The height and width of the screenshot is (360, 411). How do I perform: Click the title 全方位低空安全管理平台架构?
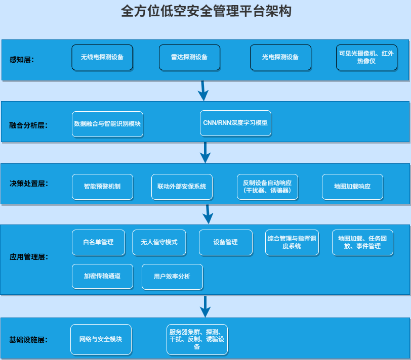coord(206,11)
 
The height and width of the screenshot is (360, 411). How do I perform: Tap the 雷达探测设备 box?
coord(189,57)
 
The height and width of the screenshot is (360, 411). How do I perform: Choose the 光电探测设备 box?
coord(280,57)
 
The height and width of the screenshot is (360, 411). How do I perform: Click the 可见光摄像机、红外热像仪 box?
coord(366,57)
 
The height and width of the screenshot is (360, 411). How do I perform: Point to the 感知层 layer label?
coord(21,60)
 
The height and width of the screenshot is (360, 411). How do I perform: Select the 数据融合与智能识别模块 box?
coord(107,124)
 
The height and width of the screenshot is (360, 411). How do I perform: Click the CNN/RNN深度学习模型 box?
coord(235,123)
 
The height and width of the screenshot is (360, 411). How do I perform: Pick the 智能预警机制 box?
coord(102,187)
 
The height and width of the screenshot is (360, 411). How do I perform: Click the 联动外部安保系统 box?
coord(182,187)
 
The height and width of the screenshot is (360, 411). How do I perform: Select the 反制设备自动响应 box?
coord(267,187)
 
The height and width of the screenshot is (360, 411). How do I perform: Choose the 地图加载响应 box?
coord(352,187)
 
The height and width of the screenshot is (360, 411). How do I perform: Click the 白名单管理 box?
coord(98,242)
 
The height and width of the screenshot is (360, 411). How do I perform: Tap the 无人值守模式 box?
coord(159,242)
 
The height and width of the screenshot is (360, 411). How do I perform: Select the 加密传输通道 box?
coord(102,276)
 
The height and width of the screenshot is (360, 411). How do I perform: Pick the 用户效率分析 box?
coord(172,277)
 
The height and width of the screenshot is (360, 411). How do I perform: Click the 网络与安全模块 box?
coord(101,339)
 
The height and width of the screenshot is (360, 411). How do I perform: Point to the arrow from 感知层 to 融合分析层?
coord(202,91)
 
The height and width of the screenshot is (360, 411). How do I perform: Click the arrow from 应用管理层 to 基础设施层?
coord(205,306)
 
